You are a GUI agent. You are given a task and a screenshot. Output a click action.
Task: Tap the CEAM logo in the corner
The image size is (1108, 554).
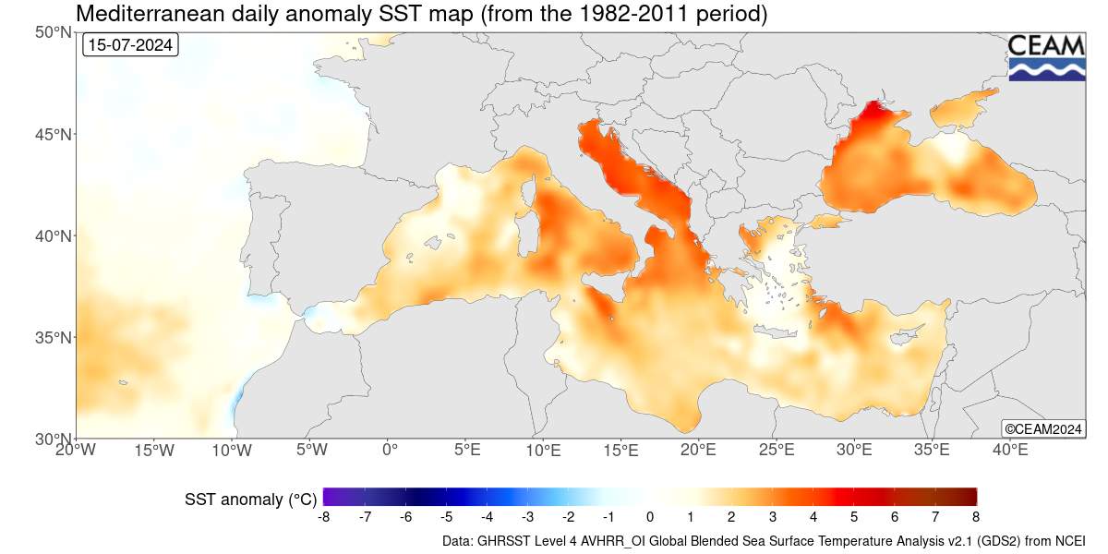(x=1046, y=57)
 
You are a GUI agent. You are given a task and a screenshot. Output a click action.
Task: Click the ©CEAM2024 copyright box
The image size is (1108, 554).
(x=1042, y=428)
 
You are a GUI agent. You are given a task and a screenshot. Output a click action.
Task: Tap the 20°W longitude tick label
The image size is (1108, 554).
(x=76, y=451)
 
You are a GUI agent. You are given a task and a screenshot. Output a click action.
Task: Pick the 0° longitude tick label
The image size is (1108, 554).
(x=389, y=451)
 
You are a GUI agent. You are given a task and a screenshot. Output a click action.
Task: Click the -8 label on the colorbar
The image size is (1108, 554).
(x=324, y=516)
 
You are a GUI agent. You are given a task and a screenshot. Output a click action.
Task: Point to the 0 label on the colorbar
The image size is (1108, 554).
(x=650, y=516)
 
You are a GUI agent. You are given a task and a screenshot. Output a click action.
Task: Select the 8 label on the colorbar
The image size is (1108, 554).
(x=975, y=516)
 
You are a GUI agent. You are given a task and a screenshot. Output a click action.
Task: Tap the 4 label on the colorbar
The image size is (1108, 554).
(x=813, y=516)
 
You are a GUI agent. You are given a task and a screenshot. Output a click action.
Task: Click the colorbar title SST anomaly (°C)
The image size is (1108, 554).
(x=247, y=500)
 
